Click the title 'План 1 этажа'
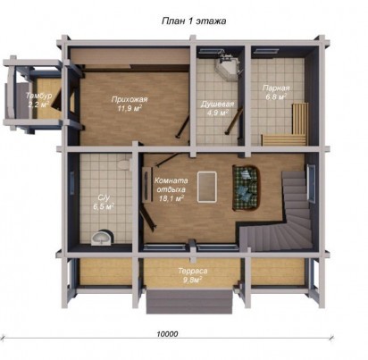(x=194, y=21)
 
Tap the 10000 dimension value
(x=167, y=334)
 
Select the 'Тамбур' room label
(x=38, y=96)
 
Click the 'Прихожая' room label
(x=130, y=99)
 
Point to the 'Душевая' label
(x=217, y=105)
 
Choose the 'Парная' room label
(x=276, y=88)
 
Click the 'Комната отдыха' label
(x=171, y=185)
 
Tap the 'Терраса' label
(x=193, y=272)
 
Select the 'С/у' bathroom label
(x=105, y=197)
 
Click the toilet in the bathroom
(x=124, y=164)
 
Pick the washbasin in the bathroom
(x=103, y=238)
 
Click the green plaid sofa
(x=246, y=188)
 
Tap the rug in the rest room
(x=206, y=187)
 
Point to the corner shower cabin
(x=228, y=68)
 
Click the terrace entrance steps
(x=189, y=301)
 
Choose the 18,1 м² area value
(x=171, y=198)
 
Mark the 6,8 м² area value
(x=276, y=96)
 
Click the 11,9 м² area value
(x=130, y=108)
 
